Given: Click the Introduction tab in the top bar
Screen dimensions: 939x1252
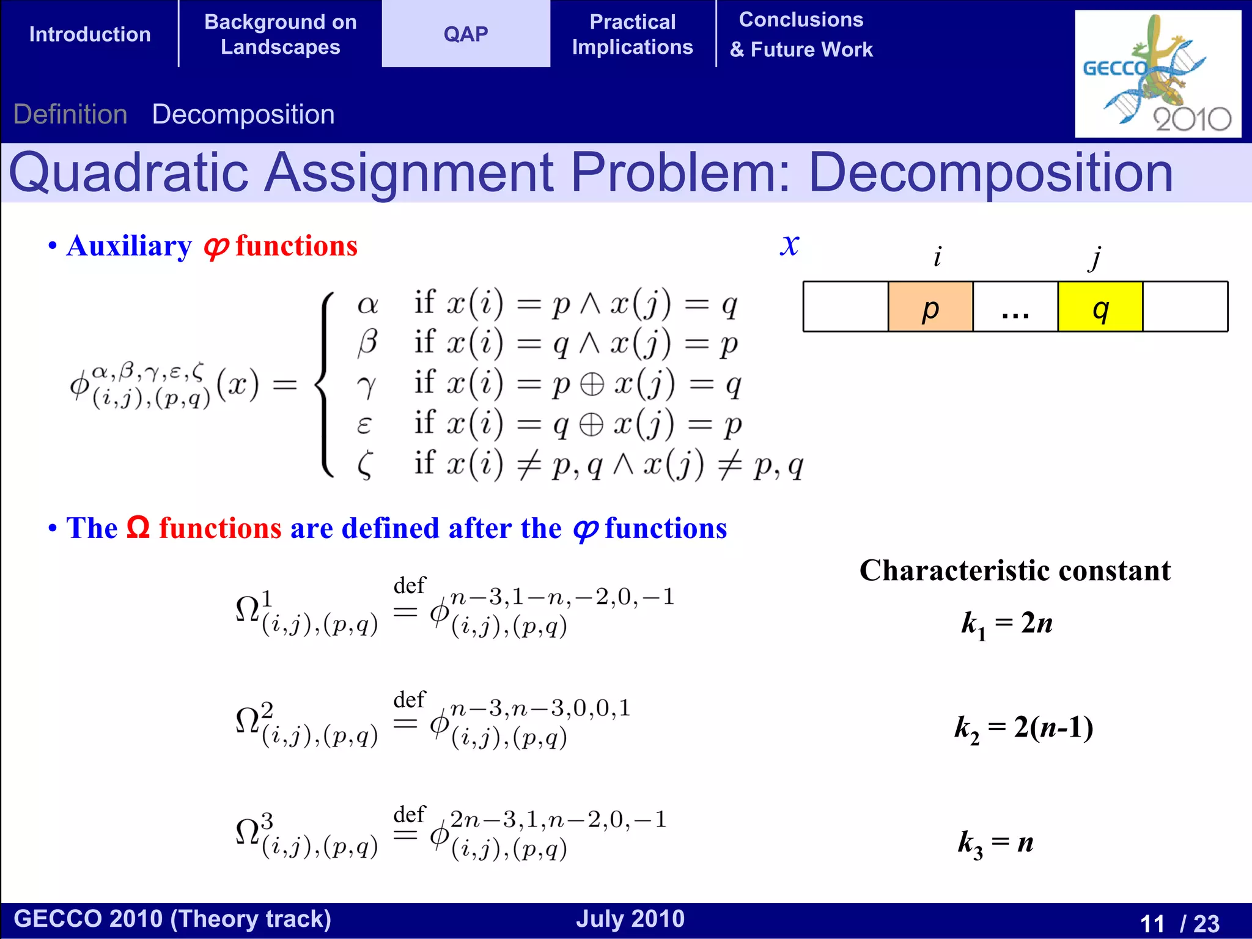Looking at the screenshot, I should [x=90, y=34].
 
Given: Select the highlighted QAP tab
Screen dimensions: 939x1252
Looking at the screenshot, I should [x=466, y=34].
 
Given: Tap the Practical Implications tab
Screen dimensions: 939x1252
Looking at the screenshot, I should [x=633, y=34].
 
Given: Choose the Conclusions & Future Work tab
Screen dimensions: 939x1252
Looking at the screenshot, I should [x=801, y=34].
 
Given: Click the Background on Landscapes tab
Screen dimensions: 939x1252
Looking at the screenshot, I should [x=281, y=34].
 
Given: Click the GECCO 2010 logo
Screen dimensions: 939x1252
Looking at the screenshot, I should [x=1157, y=73].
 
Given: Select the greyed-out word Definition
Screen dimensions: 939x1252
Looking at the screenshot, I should [x=70, y=114].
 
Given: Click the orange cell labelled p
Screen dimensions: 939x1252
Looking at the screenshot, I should [x=930, y=307].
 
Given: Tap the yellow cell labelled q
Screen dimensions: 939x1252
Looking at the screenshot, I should [x=1100, y=307].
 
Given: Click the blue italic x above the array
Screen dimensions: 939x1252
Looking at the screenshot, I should [x=789, y=245].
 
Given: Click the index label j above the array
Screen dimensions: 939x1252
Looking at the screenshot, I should [x=1095, y=257].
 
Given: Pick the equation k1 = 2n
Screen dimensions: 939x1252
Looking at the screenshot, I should [x=1007, y=624].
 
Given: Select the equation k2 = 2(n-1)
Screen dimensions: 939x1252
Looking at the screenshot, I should [x=1024, y=728].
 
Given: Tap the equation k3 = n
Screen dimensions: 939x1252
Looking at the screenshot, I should [x=996, y=843].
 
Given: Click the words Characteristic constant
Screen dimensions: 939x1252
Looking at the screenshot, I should [x=1015, y=570].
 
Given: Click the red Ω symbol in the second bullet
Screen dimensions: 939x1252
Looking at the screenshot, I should [x=138, y=527].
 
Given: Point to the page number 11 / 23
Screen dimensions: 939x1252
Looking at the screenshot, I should [x=1179, y=922].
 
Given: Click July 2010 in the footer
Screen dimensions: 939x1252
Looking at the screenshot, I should [x=630, y=919].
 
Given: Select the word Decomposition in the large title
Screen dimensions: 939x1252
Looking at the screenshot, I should [x=990, y=172].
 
